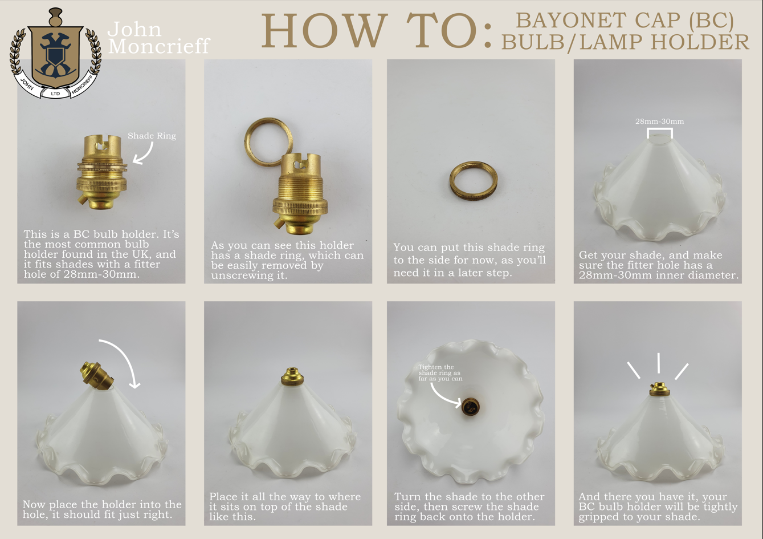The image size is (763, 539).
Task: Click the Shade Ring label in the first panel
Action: tap(152, 136)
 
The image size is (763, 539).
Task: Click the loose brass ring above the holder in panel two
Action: tap(268, 141)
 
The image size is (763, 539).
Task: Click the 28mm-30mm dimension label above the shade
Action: tap(659, 121)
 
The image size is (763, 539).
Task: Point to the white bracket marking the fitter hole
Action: tap(659, 132)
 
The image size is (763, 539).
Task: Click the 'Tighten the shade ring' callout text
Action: tap(440, 373)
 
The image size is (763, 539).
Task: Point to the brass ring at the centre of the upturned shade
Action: tap(471, 407)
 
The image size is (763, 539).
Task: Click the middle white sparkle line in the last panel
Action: tap(659, 363)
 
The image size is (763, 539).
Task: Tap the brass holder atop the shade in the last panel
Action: tap(659, 390)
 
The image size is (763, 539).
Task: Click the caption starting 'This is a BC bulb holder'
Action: tap(101, 254)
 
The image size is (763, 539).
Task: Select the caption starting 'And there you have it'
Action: tap(658, 506)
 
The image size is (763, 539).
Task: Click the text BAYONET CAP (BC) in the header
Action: tap(625, 21)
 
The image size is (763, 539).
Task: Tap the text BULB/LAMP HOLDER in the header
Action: tap(625, 42)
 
